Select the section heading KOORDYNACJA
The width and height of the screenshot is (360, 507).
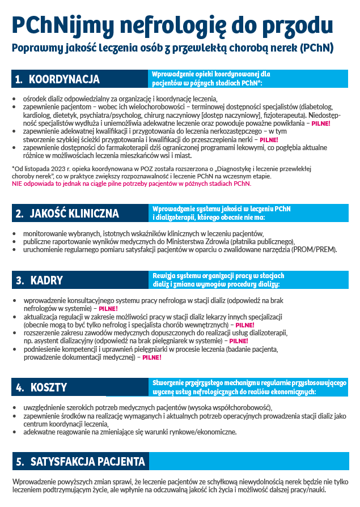64,79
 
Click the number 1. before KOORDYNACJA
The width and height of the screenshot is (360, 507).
19,79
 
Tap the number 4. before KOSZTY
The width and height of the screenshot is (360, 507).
19,387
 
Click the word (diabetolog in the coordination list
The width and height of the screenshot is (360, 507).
316,106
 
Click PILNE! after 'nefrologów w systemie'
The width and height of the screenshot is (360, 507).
108,309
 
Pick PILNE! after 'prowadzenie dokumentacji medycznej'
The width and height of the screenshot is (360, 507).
151,358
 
